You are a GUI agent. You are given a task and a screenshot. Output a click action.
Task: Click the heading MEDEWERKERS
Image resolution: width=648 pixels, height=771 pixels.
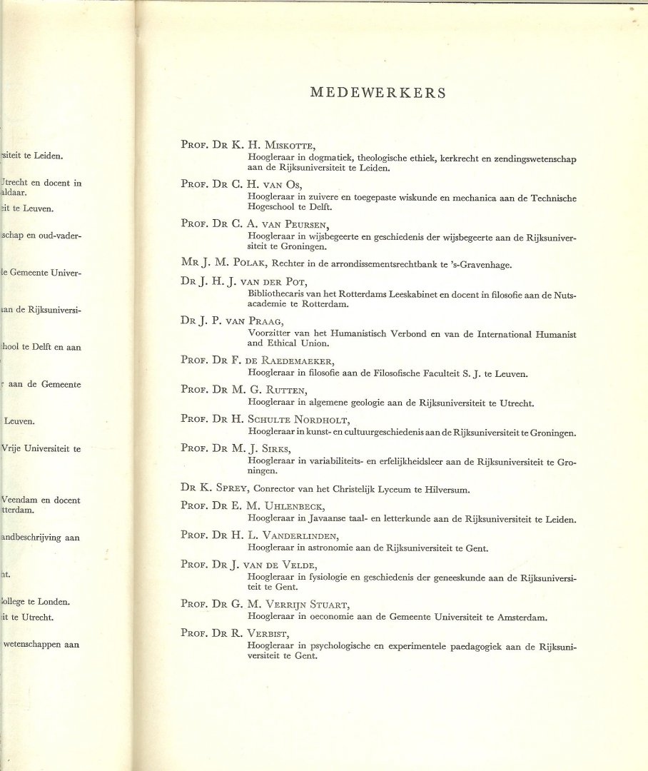point(378,93)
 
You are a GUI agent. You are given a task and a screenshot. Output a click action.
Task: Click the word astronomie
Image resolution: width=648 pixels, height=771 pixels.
point(320,548)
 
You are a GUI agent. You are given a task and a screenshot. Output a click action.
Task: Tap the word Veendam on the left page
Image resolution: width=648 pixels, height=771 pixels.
point(21,500)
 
